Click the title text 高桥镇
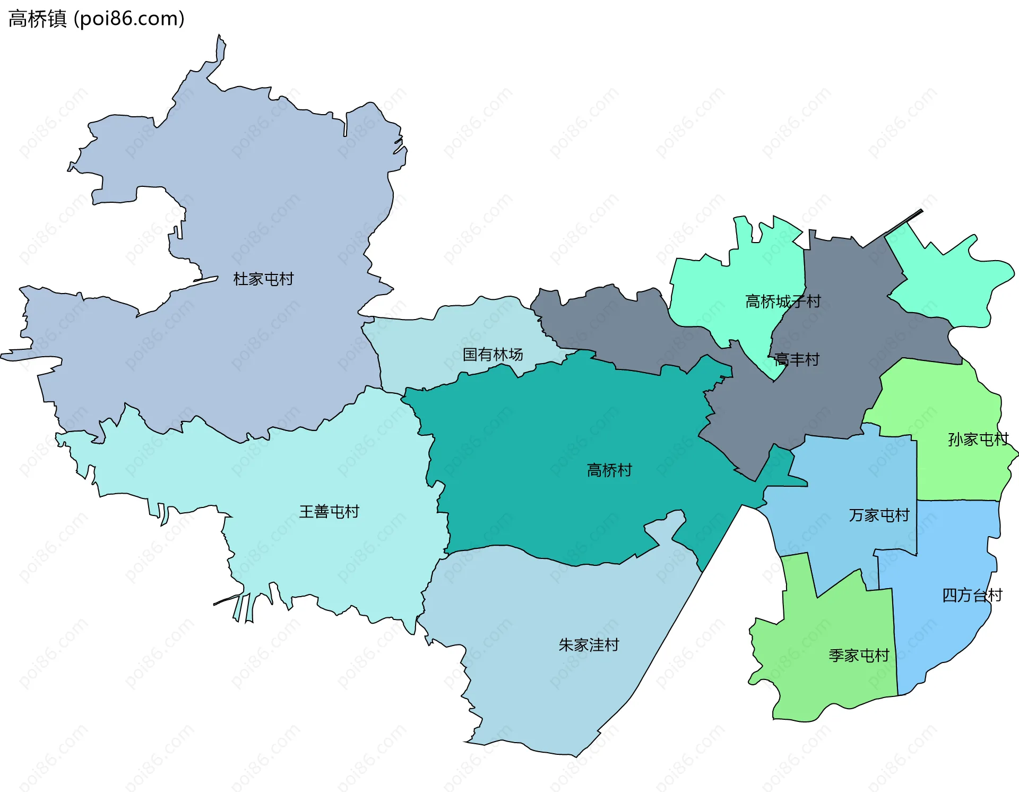coord(37,19)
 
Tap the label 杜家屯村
coord(263,279)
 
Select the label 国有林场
coord(493,354)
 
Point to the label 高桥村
coord(609,470)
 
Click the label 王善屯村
coord(329,511)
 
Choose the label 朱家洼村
coord(589,644)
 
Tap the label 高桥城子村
coord(783,302)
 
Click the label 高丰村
coord(797,359)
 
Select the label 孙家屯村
coord(978,439)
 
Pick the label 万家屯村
coord(879,515)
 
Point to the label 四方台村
coord(972,595)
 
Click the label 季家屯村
coord(859,655)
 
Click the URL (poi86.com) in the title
coord(129,19)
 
